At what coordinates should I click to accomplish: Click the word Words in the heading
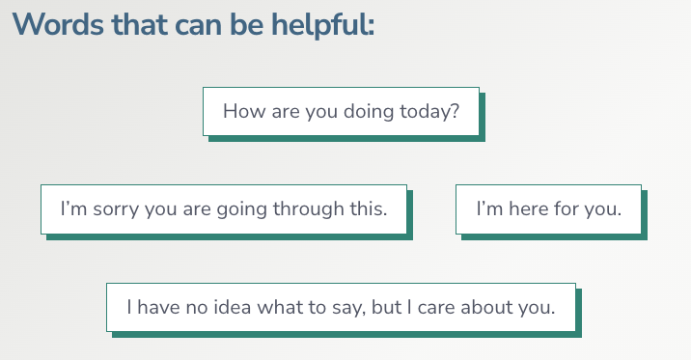point(49,25)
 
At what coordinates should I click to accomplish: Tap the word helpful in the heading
point(324,25)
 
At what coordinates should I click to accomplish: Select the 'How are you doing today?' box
point(341,111)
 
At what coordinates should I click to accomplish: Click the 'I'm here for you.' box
point(548,208)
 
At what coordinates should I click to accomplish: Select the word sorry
point(116,208)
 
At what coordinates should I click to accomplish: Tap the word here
point(527,208)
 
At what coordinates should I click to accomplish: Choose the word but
point(388,308)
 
